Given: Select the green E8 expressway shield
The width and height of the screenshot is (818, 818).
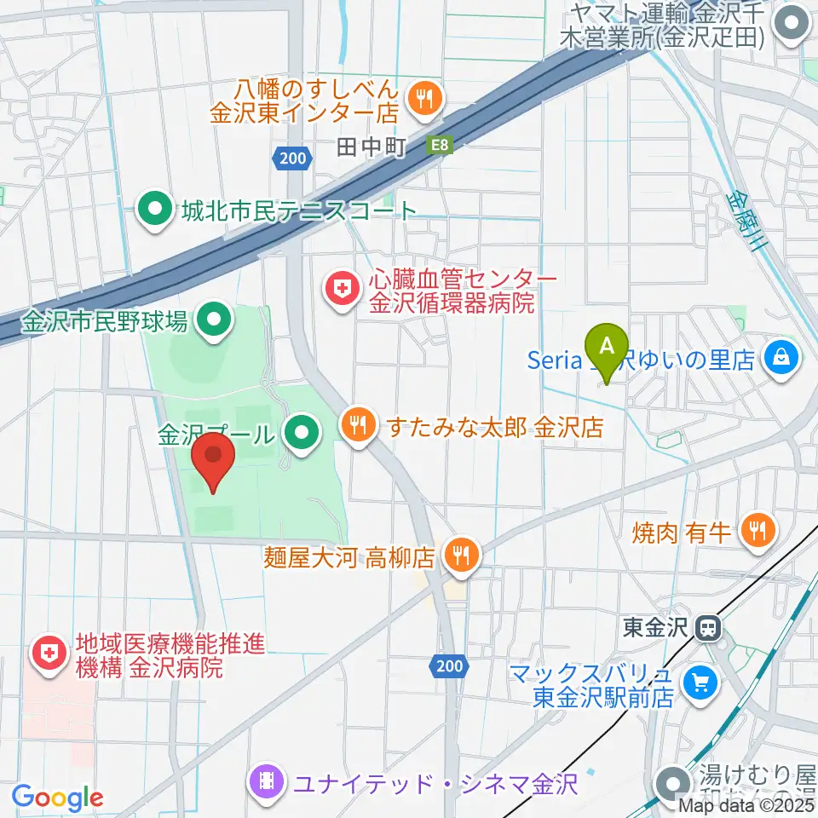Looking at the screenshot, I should [439, 147].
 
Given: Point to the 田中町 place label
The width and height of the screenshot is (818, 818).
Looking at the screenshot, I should [370, 147].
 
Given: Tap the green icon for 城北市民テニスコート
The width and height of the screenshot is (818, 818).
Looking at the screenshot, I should [155, 210].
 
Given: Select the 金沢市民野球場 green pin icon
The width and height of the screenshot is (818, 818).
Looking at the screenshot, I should [212, 321].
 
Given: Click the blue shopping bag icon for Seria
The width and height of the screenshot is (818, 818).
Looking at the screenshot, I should [781, 357].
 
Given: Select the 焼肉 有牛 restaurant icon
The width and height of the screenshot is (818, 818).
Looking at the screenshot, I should [757, 532].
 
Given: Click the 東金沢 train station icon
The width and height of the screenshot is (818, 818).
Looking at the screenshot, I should [708, 630].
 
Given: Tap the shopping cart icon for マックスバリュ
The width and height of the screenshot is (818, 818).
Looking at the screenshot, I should [702, 683].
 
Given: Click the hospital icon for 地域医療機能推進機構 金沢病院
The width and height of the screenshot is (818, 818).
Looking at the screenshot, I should [48, 654].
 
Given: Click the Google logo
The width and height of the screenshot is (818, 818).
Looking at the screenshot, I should [57, 798].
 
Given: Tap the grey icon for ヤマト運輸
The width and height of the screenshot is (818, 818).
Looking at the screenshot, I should [794, 26].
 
